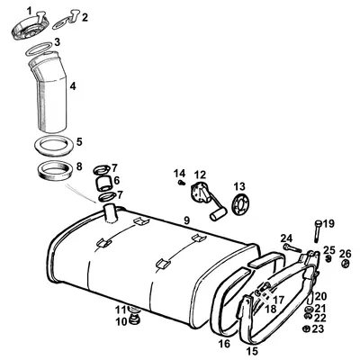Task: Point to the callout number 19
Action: click(x=329, y=223)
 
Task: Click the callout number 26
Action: click(x=346, y=253)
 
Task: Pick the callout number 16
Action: click(x=224, y=344)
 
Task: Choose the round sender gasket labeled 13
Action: click(x=238, y=203)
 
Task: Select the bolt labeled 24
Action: click(x=291, y=246)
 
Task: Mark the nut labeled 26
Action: click(x=346, y=265)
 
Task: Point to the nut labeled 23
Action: click(x=308, y=329)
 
